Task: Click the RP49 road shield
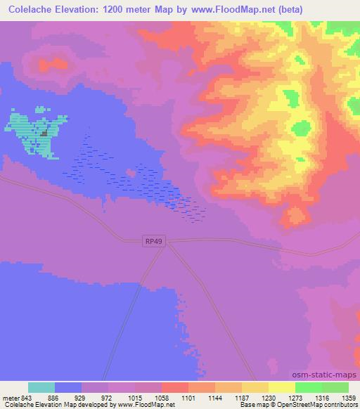[154, 241]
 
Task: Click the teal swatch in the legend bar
[41, 387]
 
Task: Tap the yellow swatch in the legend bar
[281, 387]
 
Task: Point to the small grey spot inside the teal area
[44, 133]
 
